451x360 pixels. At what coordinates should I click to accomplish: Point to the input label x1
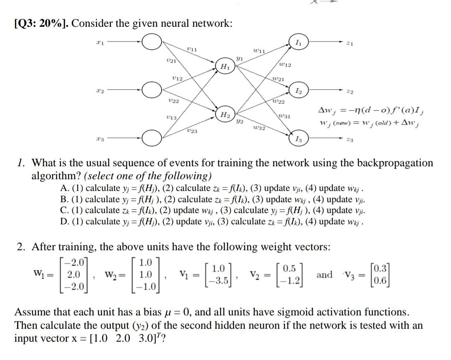tap(99, 42)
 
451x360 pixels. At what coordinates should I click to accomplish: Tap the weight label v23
tap(193, 131)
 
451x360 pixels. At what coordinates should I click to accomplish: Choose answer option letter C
tap(64, 210)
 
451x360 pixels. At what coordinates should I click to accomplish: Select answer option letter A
tap(64, 188)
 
